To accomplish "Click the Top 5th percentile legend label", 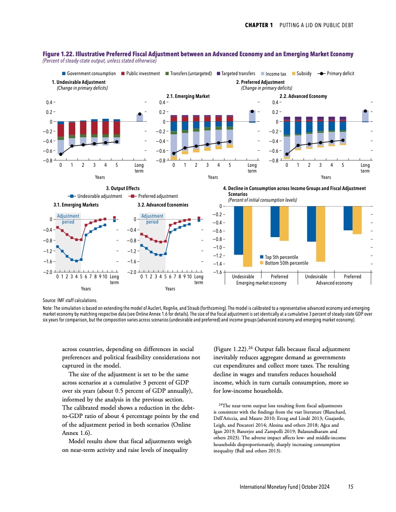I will tap(281, 257).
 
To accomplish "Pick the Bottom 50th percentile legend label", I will tap(286, 263).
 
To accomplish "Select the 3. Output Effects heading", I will tap(123, 188).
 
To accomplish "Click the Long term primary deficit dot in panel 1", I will tap(139, 114).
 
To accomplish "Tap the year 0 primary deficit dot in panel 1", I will tap(61, 154).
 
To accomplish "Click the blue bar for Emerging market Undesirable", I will tap(239, 230).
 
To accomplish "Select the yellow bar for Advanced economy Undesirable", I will tap(320, 234).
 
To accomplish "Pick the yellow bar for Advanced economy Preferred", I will tap(357, 221).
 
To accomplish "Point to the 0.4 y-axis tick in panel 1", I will tap(49, 102).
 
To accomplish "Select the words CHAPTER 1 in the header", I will tap(259, 25).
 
